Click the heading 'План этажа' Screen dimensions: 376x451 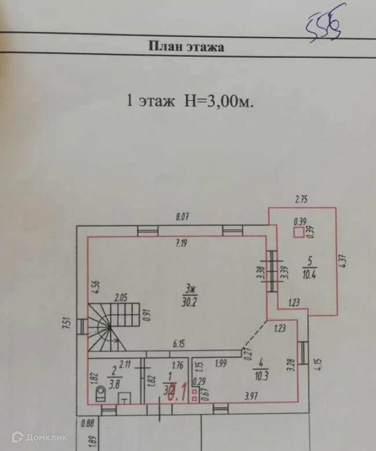187,47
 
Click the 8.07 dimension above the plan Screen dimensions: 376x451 182,217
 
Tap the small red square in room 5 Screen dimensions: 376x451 298,233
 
